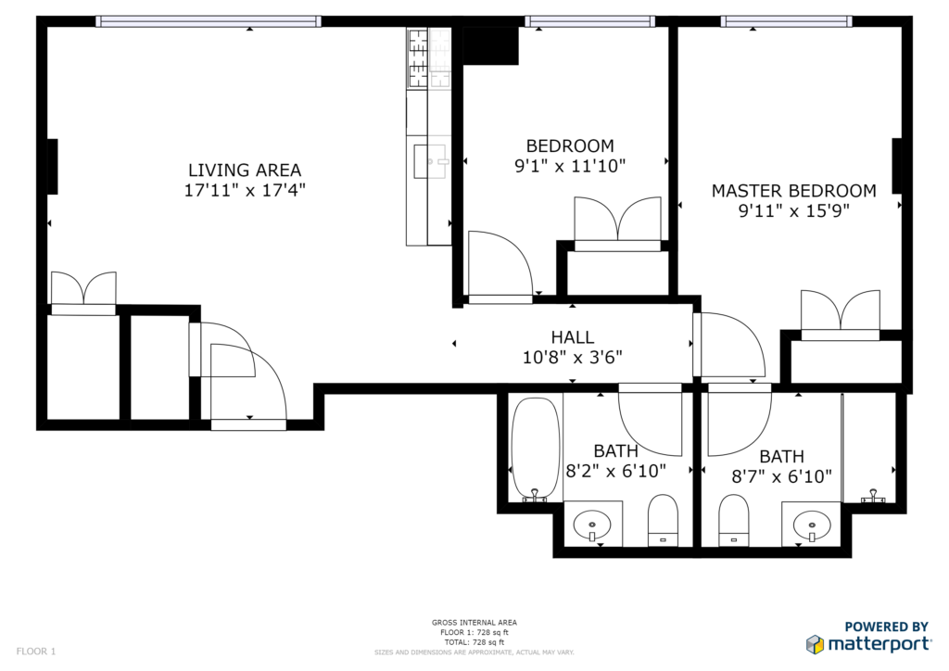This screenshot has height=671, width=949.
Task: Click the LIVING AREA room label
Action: [x=245, y=170]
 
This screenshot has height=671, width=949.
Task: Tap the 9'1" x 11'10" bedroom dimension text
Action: [x=570, y=166]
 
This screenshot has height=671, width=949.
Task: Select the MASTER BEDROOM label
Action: [x=793, y=191]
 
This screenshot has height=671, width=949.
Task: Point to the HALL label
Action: [x=572, y=337]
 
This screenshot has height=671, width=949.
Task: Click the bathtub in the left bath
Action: [x=536, y=449]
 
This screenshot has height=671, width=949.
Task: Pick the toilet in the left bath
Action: [x=663, y=520]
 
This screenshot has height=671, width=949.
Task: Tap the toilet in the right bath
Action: [x=734, y=520]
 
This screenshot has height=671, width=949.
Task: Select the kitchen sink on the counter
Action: [x=430, y=161]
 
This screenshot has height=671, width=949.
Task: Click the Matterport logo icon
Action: [x=815, y=644]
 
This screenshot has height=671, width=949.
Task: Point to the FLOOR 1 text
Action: [x=36, y=651]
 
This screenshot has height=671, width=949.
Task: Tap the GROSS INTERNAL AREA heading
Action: [x=474, y=623]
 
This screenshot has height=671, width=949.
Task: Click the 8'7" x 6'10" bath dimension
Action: [x=781, y=476]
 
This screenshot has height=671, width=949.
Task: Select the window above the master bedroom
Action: [x=786, y=22]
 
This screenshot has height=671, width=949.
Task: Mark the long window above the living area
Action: [x=209, y=22]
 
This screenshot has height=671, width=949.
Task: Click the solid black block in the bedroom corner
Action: [x=490, y=46]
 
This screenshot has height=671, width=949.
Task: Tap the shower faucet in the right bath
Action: [x=873, y=496]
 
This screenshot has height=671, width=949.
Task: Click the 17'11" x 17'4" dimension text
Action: [x=245, y=191]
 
